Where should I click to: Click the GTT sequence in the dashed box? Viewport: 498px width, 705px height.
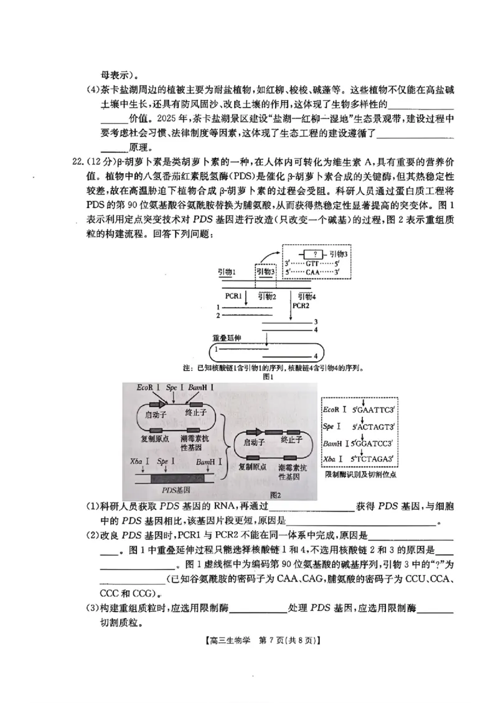click(x=312, y=263)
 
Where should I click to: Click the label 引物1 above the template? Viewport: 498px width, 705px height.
click(x=227, y=272)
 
